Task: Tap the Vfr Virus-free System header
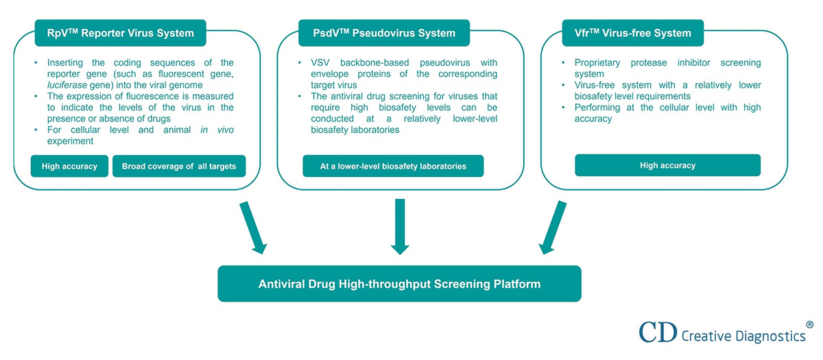642,32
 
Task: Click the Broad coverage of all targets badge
179,166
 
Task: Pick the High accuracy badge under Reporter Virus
69,166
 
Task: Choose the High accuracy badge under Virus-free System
667,165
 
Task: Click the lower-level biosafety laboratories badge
393,166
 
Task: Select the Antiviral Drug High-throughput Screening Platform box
399,284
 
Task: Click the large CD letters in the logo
658,332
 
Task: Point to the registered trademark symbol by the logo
810,324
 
